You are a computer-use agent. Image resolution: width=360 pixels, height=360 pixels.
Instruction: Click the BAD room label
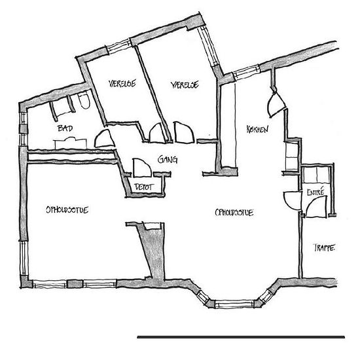(x=65, y=128)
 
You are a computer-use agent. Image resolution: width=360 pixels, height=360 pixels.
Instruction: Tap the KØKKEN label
(x=257, y=129)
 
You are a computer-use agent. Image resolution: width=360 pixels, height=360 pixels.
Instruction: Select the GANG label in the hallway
(x=168, y=159)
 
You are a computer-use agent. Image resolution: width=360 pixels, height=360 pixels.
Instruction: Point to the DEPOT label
(x=144, y=187)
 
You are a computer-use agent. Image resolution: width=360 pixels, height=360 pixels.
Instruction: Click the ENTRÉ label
(x=315, y=192)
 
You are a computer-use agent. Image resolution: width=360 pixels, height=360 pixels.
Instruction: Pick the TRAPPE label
(x=324, y=247)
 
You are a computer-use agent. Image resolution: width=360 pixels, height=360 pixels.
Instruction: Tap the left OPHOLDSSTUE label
(x=67, y=210)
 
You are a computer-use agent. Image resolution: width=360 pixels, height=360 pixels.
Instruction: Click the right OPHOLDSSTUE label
(x=234, y=213)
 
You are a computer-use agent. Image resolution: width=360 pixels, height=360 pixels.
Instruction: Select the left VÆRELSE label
(x=122, y=83)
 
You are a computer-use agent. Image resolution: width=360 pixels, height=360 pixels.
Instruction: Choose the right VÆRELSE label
(x=185, y=84)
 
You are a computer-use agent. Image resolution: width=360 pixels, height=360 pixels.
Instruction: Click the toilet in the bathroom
(x=84, y=100)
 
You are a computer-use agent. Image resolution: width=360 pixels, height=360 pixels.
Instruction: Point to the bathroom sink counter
(x=70, y=143)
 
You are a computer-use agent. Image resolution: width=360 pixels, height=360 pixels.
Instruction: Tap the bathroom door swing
(x=105, y=139)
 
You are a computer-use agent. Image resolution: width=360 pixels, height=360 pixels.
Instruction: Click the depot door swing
(x=141, y=168)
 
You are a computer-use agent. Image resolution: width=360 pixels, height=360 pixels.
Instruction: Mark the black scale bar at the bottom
(x=241, y=337)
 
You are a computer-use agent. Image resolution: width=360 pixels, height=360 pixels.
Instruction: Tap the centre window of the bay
(x=235, y=304)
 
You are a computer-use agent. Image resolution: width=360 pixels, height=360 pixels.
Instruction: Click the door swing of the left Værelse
(x=158, y=133)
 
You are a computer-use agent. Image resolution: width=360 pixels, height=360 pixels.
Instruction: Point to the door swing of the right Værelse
(x=184, y=132)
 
